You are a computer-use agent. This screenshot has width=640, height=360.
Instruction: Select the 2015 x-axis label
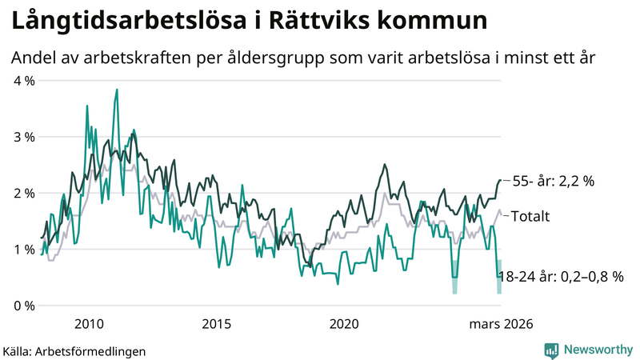pos(216,323)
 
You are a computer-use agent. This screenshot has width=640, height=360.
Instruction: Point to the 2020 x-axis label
pos(344,323)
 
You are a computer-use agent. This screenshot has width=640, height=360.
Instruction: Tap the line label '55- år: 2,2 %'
pos(553,181)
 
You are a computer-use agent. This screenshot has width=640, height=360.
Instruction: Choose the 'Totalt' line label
pos(530,215)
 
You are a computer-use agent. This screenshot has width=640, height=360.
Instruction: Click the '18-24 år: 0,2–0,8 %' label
pos(560,277)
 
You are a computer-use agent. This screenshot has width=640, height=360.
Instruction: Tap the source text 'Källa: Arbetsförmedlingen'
pos(74,350)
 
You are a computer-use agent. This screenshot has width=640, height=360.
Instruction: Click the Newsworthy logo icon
pos(551,350)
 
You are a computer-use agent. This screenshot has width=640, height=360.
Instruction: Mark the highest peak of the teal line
pos(117,90)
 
